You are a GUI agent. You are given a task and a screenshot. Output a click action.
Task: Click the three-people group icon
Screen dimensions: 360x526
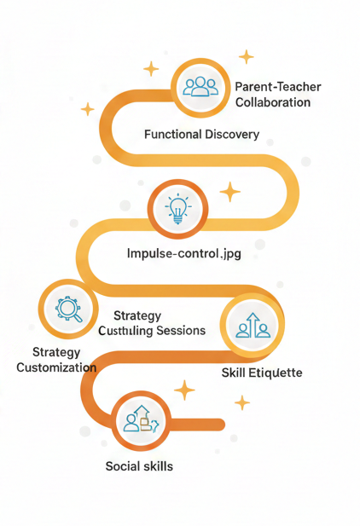coord(200,87)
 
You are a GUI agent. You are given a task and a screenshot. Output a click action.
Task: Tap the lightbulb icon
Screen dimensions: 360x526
coord(178,209)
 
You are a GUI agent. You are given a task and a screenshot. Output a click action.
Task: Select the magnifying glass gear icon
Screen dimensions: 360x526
coord(68,309)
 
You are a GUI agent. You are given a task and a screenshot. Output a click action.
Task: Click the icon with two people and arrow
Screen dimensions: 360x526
coord(253,325)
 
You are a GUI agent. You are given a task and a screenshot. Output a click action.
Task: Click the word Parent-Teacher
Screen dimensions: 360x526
coord(278,87)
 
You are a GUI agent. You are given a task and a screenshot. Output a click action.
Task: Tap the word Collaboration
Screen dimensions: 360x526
coord(273,102)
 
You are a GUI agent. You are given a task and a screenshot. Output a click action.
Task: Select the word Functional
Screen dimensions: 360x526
coord(172,134)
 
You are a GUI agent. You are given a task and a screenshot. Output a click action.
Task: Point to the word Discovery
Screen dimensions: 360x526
coord(232,134)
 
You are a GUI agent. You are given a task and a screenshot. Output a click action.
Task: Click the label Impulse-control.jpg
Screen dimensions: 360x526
coord(184,253)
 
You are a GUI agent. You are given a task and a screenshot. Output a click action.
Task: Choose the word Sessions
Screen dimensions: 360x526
coord(181,331)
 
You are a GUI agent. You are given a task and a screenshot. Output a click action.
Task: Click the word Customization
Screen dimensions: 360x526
coord(56,367)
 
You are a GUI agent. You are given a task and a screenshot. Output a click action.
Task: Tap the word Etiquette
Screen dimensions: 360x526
coord(275,373)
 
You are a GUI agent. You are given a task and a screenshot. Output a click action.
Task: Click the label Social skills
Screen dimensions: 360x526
coord(139,466)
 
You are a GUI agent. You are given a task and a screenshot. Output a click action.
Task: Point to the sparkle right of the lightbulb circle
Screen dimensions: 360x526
coord(230,192)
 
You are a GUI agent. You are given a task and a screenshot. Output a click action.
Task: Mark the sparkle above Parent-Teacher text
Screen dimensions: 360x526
coord(247,57)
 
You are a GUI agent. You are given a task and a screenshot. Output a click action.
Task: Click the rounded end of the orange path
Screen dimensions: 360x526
coord(220,425)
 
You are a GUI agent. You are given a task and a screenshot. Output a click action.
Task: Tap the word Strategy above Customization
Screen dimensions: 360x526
coord(56,352)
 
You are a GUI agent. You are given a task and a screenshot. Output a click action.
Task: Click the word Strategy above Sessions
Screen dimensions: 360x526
coord(137,315)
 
